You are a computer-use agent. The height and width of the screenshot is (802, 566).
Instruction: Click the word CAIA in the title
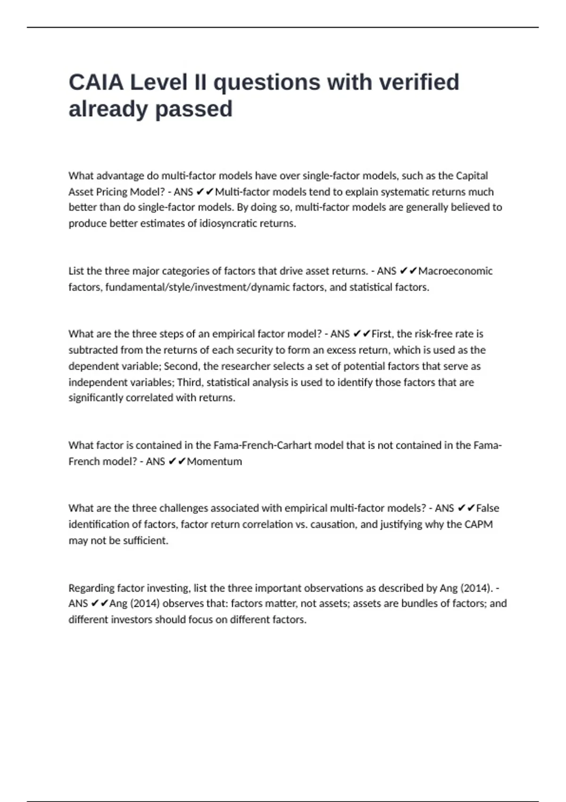pos(96,83)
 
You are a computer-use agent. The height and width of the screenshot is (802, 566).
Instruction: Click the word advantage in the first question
pos(120,176)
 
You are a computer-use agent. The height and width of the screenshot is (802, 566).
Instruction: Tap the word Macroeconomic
pos(455,271)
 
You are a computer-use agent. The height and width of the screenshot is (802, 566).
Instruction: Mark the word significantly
pos(96,398)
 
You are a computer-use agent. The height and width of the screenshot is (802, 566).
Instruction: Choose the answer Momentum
pos(215,461)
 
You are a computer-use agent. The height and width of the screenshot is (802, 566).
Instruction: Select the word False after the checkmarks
pos(488,508)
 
